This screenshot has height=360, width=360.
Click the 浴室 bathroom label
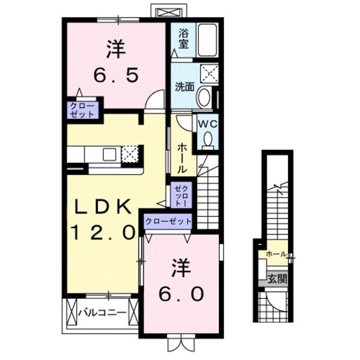click(184, 38)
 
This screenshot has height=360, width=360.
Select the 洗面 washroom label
click(184, 86)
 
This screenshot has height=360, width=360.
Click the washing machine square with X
click(209, 74)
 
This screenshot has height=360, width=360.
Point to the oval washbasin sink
click(204, 97)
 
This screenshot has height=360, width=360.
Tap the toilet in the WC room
click(208, 139)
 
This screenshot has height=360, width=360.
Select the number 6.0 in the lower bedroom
click(182, 294)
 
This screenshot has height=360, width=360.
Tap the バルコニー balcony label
click(103, 313)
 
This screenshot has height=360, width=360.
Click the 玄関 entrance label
click(277, 278)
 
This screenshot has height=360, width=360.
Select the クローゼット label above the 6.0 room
click(168, 221)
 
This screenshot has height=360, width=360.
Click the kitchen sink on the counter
click(110, 154)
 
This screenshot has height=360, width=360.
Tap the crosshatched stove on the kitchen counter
click(130, 154)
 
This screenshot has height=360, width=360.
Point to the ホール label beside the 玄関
click(275, 254)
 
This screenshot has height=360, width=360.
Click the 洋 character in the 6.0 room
click(182, 268)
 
